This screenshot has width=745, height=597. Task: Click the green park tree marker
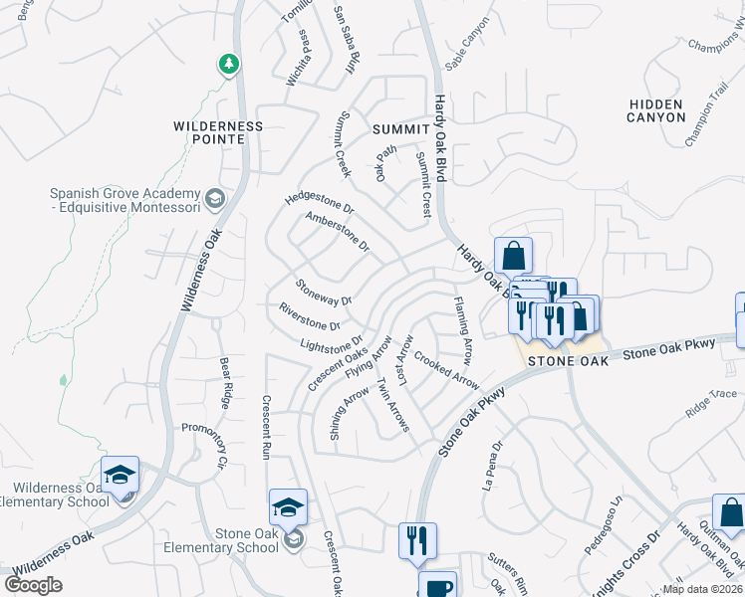[x=230, y=65]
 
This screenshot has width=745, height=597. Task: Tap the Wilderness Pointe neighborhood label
[x=218, y=132]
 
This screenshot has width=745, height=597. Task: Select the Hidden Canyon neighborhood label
[x=656, y=110]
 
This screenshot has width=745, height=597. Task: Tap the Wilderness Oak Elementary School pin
[x=121, y=476]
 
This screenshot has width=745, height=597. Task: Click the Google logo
[x=34, y=585]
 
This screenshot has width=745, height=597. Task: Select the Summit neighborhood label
[x=399, y=129]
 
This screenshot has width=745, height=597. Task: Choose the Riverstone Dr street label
[x=310, y=317]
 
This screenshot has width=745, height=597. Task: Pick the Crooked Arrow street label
[x=446, y=371]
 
